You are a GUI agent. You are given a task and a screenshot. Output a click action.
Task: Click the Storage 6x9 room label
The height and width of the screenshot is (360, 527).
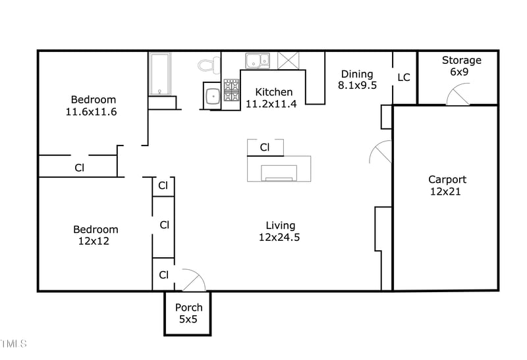point(461,66)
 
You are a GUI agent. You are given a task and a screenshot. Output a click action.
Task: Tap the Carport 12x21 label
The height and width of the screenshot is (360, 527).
point(447,185)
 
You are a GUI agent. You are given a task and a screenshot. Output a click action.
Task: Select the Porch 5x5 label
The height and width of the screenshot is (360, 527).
point(188,313)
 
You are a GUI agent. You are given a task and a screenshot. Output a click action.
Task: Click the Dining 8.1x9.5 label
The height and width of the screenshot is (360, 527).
point(357,79)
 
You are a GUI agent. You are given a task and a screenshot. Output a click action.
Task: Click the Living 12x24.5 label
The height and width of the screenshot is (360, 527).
point(279,231)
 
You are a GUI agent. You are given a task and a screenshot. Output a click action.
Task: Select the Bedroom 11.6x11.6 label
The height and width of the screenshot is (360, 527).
point(91,105)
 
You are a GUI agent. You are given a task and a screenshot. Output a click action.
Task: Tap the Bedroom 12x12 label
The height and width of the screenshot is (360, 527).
point(95,235)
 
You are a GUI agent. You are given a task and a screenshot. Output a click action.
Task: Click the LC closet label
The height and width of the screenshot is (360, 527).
point(404,77)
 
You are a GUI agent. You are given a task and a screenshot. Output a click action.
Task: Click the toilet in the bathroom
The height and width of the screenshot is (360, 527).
point(209,65)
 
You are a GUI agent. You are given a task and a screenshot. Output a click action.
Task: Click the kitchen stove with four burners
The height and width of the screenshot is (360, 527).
point(231,91)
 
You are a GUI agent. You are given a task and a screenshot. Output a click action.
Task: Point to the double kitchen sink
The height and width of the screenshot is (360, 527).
point(258,61)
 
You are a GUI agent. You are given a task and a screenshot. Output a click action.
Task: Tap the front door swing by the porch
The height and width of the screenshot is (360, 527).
point(192,280)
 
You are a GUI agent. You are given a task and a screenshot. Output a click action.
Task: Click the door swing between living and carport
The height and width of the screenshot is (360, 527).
point(380,153)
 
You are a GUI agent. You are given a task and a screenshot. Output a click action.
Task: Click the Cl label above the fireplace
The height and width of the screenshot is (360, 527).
point(265,147)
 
